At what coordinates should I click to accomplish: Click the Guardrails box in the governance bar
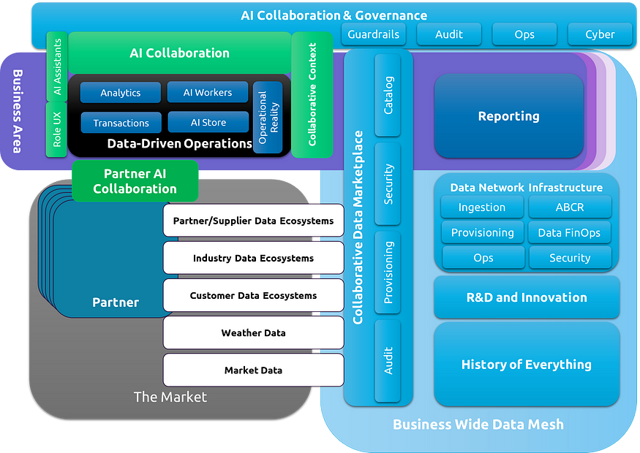[x=374, y=34]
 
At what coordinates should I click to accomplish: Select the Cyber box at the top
[x=600, y=34]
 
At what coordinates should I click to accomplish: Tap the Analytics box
[x=121, y=93]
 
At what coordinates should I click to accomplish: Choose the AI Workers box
[x=207, y=92]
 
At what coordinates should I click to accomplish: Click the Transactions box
[x=121, y=123]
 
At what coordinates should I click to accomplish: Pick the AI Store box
[x=208, y=122]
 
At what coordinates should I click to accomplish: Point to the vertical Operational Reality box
[x=268, y=118]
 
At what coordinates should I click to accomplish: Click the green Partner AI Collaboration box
[x=135, y=181]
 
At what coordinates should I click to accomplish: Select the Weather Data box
[x=254, y=332]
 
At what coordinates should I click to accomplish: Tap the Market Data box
[x=254, y=370]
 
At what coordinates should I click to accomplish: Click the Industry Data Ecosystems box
[x=254, y=258]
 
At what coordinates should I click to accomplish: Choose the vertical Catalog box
[x=388, y=95]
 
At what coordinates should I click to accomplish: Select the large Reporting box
[x=509, y=115]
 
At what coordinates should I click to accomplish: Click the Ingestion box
[x=482, y=207]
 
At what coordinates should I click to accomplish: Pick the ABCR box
[x=570, y=207]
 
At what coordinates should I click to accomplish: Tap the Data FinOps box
[x=569, y=232]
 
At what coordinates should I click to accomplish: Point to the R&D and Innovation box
[x=527, y=297]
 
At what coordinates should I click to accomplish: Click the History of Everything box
[x=527, y=364]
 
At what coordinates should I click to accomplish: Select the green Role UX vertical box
[x=57, y=129]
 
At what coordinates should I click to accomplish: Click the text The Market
[x=170, y=397]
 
